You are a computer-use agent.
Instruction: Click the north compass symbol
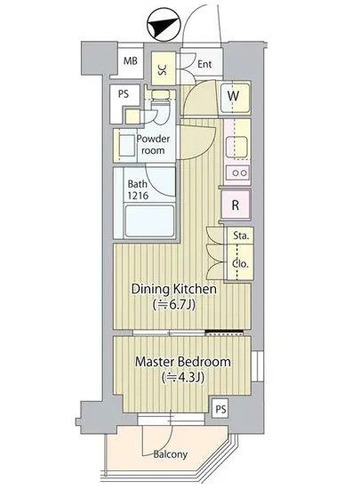coord(164,24)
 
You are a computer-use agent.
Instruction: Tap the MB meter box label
coord(131,60)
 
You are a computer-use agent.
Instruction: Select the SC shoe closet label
coord(163,69)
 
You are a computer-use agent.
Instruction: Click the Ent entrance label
coord(204,64)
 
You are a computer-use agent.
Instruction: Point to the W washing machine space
coord(236,98)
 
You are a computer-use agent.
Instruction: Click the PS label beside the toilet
coord(124,94)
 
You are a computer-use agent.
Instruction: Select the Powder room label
coord(153,144)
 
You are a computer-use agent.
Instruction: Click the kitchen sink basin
coord(236,148)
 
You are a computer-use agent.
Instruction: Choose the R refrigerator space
coord(236,204)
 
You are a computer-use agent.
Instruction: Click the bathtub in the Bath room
coord(149,220)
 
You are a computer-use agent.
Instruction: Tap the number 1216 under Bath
coord(138,196)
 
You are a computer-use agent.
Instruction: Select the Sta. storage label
coord(241,236)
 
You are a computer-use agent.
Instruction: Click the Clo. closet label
coord(240,264)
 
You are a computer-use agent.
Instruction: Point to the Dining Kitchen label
coord(174,289)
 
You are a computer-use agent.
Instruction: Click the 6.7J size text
coord(174,304)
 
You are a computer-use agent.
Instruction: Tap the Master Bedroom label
coord(183,362)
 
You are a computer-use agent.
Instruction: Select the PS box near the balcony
coord(220,409)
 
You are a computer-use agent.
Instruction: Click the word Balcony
coord(171,454)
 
